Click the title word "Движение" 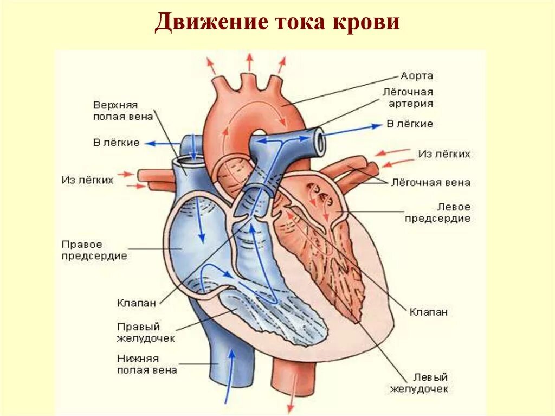click(208, 23)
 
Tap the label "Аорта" click(417, 76)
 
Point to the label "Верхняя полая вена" click(122, 110)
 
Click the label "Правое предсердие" click(94, 250)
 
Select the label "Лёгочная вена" click(431, 183)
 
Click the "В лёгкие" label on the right click(410, 124)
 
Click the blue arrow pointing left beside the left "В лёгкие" click(163, 143)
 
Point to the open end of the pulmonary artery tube click(320, 140)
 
